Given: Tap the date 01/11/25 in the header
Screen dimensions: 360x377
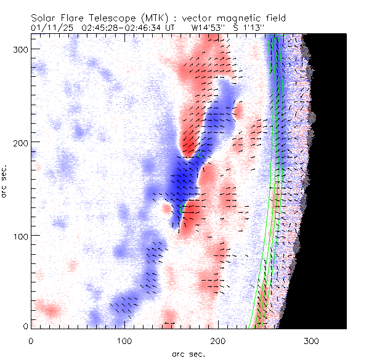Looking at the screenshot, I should [x=51, y=28].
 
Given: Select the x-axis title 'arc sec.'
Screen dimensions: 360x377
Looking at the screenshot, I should [x=188, y=353].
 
